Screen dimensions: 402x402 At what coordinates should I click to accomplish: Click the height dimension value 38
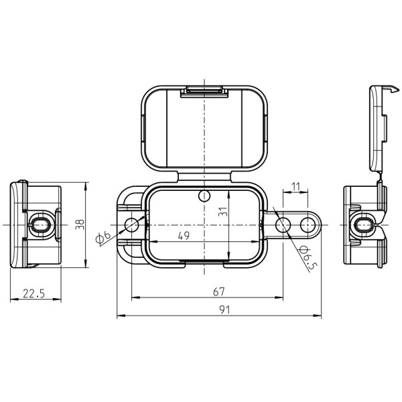coord(80,224)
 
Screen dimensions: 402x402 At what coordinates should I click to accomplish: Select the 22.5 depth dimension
coord(33,293)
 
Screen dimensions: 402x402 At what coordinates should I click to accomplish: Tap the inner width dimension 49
coord(182,235)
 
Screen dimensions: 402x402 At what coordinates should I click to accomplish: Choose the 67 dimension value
coord(218,291)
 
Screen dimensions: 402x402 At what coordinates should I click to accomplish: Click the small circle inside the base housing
coord(204,196)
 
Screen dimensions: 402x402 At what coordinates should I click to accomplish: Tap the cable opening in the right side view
coord(365,225)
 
